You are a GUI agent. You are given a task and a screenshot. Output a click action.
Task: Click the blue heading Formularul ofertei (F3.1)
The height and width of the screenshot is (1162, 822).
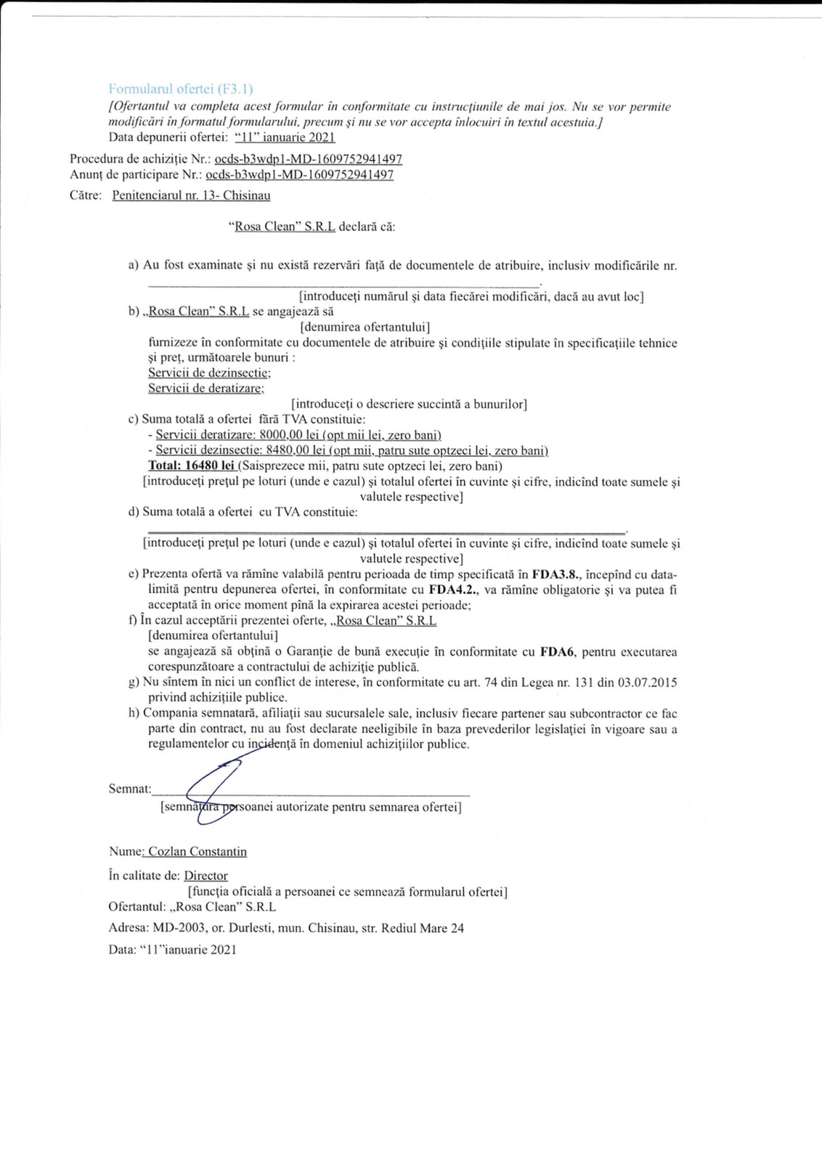tap(180, 89)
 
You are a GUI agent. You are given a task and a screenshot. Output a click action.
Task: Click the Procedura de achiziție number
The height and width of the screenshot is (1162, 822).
tap(308, 159)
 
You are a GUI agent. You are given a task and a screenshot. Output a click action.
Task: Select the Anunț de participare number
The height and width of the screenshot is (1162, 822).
tap(299, 175)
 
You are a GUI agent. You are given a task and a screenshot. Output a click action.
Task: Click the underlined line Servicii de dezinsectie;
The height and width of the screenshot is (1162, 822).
tap(209, 373)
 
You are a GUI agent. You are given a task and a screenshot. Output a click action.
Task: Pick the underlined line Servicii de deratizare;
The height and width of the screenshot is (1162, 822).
tap(206, 389)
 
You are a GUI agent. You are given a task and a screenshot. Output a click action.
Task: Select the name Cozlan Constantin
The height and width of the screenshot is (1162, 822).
tap(197, 852)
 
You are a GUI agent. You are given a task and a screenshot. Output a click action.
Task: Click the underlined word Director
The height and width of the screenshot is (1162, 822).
tap(206, 876)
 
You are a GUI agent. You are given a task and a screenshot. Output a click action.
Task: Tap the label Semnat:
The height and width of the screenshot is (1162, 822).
tap(129, 789)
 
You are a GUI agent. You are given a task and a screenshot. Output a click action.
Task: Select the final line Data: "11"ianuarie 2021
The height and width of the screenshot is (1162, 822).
tap(172, 950)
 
